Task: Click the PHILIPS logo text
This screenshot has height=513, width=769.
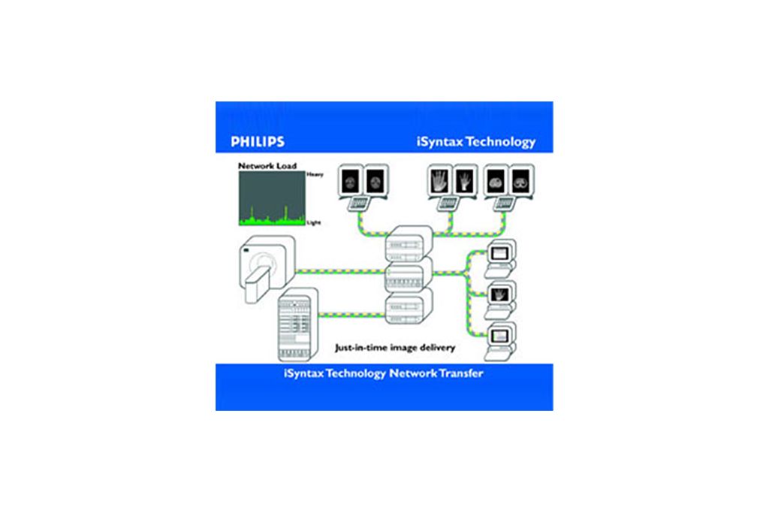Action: [258, 142]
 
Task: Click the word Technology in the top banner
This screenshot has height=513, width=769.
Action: [501, 142]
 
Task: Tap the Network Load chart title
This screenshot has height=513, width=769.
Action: [267, 166]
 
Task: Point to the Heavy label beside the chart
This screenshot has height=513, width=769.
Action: [315, 174]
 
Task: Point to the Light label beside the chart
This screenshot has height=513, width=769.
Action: [313, 222]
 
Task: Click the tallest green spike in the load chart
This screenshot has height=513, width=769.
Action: [286, 212]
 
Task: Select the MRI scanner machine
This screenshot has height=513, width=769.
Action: [267, 269]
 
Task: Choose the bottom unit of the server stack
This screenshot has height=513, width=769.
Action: [409, 306]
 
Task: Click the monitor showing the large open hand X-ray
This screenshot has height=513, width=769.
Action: [439, 181]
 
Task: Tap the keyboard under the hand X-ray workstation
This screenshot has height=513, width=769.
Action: [448, 203]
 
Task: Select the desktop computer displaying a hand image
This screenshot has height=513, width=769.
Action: [499, 300]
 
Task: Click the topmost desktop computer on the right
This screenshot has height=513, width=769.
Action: [499, 258]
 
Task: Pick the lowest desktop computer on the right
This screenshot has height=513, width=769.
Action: [499, 341]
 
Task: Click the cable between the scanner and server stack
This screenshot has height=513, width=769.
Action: [340, 270]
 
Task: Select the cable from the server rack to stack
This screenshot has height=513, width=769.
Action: [351, 315]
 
